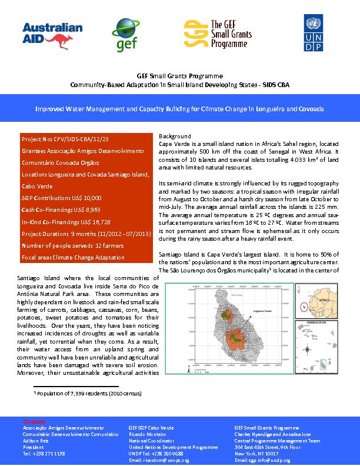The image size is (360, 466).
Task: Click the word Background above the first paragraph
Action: pos(175,137)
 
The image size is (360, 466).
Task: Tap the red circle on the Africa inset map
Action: pos(304,306)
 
